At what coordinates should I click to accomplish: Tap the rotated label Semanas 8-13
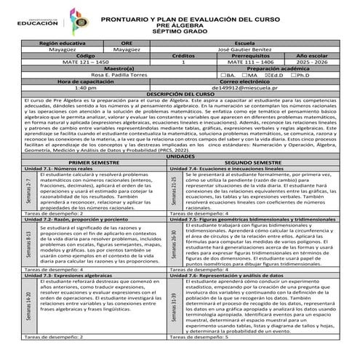(28, 247)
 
